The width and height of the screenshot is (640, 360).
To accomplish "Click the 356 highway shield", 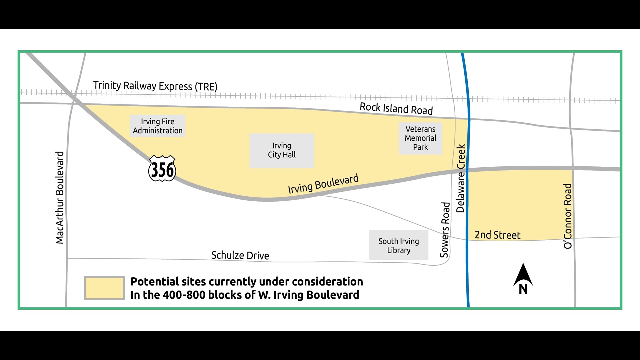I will tap(162, 169).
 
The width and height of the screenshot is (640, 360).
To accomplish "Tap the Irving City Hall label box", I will tap(282, 150).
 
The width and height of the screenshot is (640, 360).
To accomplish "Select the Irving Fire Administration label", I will tap(157, 126).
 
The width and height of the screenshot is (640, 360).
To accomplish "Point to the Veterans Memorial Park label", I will tap(420, 138).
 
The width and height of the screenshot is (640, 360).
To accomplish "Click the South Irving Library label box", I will tap(399, 246).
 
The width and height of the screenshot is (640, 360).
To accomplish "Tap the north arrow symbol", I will tap(523, 275).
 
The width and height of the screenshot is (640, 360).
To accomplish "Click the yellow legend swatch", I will tap(104, 288).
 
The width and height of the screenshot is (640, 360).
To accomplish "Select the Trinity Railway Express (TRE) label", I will tap(155, 86).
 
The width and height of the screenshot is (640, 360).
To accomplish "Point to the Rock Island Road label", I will tap(396, 108).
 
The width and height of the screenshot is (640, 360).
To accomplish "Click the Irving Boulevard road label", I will tap(323, 184).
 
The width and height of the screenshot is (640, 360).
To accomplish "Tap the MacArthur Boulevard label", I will tap(60, 198).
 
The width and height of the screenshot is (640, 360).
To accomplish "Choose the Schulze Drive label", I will tap(240, 255).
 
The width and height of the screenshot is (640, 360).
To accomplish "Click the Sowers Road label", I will tap(445, 230).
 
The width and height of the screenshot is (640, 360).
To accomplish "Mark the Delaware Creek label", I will tap(461, 178).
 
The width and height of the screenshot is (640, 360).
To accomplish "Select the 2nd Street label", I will tap(497, 235).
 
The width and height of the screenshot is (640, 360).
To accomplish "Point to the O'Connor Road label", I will tap(568, 216).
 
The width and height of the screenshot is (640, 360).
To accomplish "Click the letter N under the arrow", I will tap(523, 289).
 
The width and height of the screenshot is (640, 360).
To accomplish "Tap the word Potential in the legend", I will tap(154, 282).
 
